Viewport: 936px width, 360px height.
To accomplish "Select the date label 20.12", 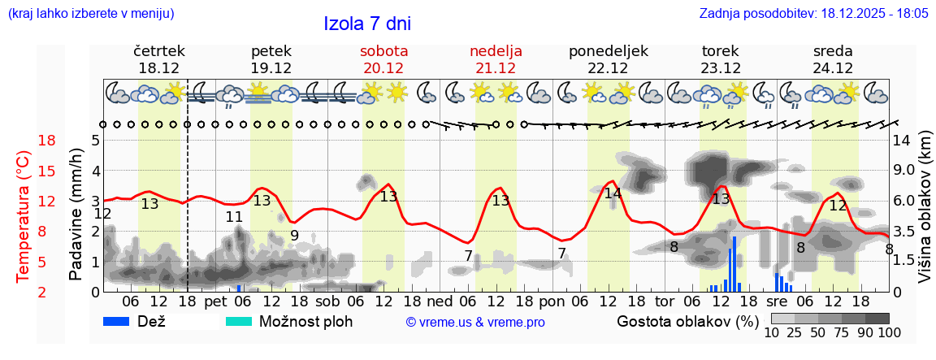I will [383, 68].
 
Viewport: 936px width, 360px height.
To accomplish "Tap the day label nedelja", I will [496, 50].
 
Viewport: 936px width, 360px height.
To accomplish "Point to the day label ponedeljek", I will [609, 50].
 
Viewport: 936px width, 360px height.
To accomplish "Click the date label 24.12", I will [833, 68].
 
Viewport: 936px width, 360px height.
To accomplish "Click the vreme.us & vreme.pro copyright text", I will [475, 322].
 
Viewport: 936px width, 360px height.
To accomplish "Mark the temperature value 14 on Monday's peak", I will [613, 193].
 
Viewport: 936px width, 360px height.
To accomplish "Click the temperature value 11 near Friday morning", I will [234, 217].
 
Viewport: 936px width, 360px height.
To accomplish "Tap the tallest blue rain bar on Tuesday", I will [734, 263].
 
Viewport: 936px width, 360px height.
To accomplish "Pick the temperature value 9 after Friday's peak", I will [294, 236].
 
